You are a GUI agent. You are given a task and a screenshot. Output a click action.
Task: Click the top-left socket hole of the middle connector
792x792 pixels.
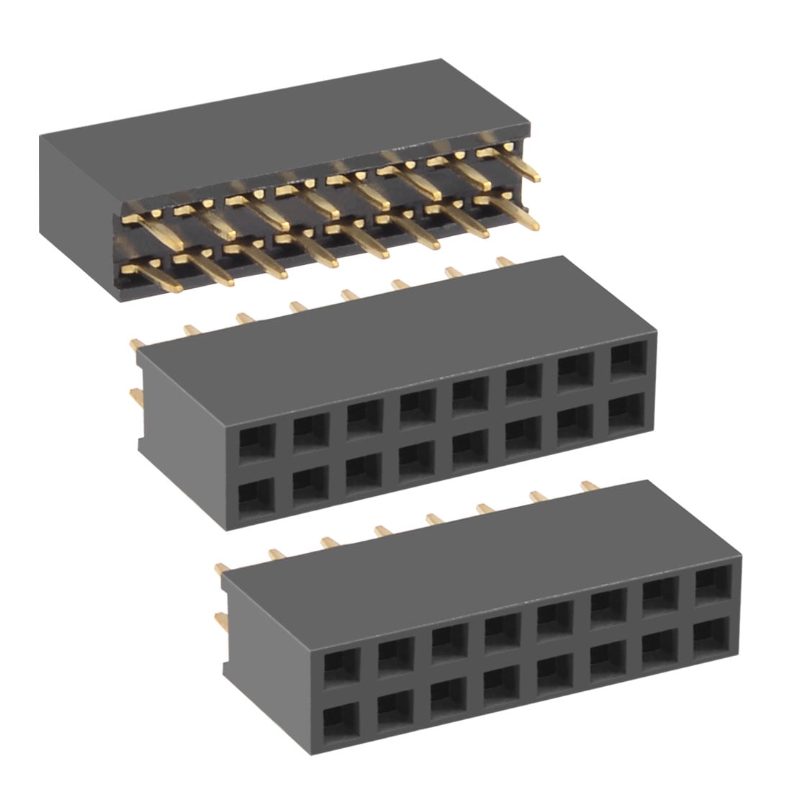[x=257, y=441]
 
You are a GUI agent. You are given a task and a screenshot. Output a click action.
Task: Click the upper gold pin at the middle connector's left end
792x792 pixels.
[x=136, y=345]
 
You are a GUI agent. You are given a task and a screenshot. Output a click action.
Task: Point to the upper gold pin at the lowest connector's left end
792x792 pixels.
[x=221, y=569]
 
